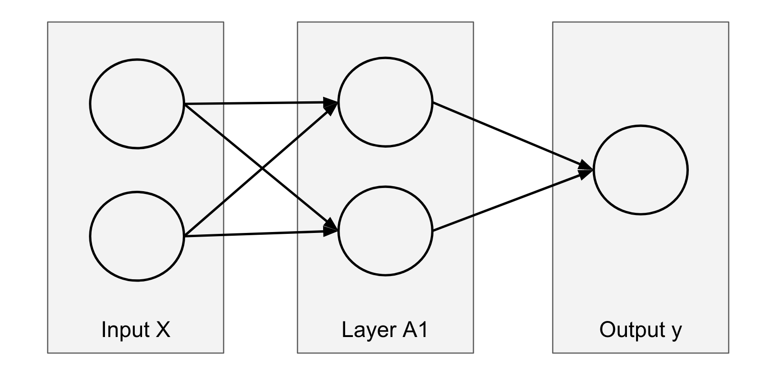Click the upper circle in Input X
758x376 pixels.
(x=137, y=104)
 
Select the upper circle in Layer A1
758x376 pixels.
(x=385, y=102)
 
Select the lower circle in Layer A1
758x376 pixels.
(x=385, y=230)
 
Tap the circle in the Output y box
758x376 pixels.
(x=640, y=170)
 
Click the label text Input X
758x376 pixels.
(x=136, y=330)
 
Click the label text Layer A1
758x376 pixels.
(x=384, y=330)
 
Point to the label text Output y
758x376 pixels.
(x=640, y=330)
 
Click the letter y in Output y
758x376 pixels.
(x=677, y=331)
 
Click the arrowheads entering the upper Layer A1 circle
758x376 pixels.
(x=331, y=104)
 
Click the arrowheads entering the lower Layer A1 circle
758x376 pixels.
(x=331, y=229)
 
